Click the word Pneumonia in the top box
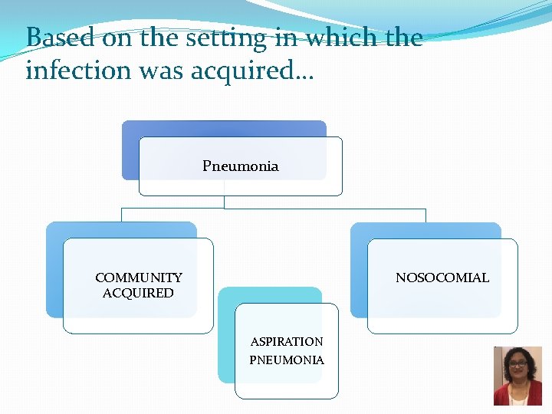tap(240, 166)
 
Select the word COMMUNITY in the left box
tap(139, 278)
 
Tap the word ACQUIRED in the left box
tap(138, 293)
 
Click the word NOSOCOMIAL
tap(442, 278)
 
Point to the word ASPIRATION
tap(287, 342)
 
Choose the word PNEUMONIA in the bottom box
tap(287, 360)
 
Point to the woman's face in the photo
tap(517, 366)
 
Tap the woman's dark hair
tap(505, 354)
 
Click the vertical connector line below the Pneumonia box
tap(224, 202)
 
